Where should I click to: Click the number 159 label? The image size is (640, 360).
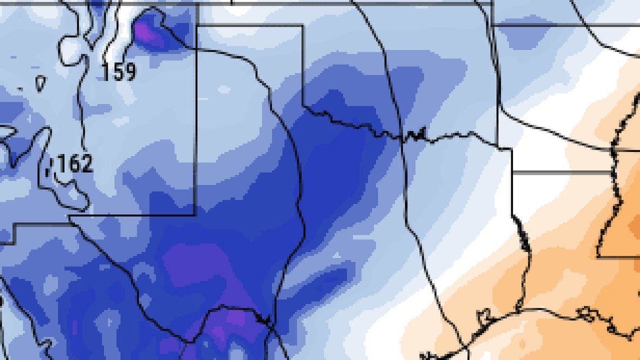[x=119, y=71]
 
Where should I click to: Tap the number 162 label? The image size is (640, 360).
[x=75, y=164]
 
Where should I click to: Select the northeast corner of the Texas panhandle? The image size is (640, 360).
[x=302, y=25]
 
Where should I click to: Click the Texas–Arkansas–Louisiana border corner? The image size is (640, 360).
[x=512, y=172]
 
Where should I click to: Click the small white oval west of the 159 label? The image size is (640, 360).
[x=41, y=83]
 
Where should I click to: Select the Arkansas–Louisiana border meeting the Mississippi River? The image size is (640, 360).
[x=612, y=151]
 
